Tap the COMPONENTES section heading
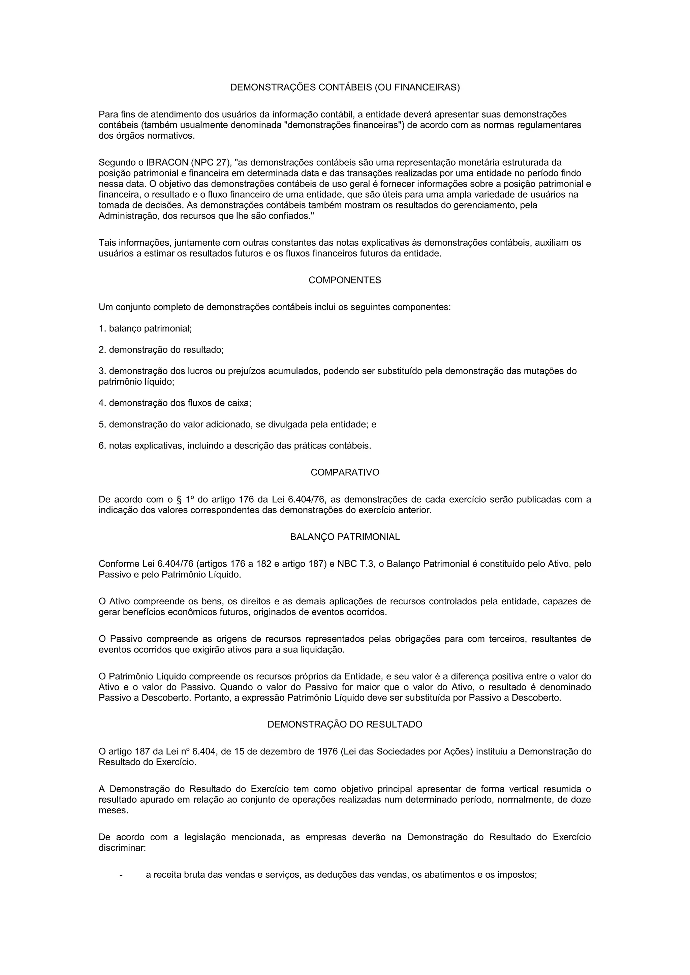coord(345,280)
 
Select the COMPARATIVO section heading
coord(345,473)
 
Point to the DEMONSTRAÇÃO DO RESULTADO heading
coord(345,725)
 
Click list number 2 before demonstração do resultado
coord(102,350)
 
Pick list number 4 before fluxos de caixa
coord(102,403)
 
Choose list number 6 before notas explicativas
coord(102,446)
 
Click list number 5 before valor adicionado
coord(102,424)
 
